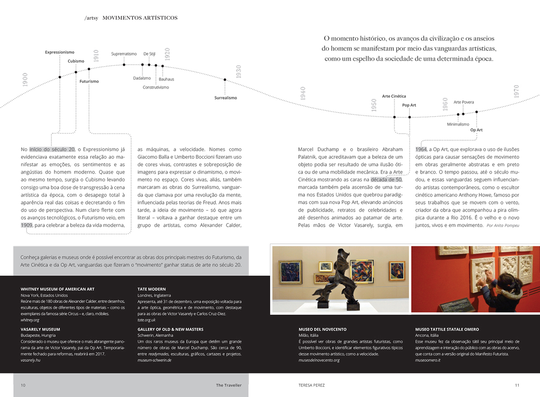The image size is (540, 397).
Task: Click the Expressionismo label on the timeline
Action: pyautogui.click(x=59, y=52)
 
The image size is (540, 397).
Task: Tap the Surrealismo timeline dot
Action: pyautogui.click(x=225, y=80)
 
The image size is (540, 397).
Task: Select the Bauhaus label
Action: pyautogui.click(x=166, y=79)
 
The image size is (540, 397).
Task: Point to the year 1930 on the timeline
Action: pyautogui.click(x=238, y=72)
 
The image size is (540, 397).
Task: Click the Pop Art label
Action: pyautogui.click(x=409, y=105)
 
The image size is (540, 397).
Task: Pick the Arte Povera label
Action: pyautogui.click(x=463, y=102)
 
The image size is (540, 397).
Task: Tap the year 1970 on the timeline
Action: pyautogui.click(x=516, y=91)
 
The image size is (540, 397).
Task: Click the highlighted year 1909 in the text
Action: pyautogui.click(x=26, y=225)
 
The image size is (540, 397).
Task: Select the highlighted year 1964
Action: pyautogui.click(x=421, y=149)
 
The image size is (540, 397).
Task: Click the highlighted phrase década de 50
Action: pyautogui.click(x=386, y=180)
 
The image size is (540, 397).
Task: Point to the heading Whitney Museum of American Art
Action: pyautogui.click(x=58, y=289)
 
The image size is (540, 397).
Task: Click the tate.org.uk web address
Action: pyautogui.click(x=146, y=320)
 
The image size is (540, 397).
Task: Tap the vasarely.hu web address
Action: pyautogui.click(x=31, y=360)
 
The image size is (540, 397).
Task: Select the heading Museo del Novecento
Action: pyautogui.click(x=322, y=329)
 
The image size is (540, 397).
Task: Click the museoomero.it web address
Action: pyautogui.click(x=427, y=360)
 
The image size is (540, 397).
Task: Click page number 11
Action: pyautogui.click(x=517, y=385)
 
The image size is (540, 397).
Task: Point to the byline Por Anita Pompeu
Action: pyautogui.click(x=503, y=225)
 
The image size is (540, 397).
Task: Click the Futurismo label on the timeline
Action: pyautogui.click(x=89, y=81)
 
